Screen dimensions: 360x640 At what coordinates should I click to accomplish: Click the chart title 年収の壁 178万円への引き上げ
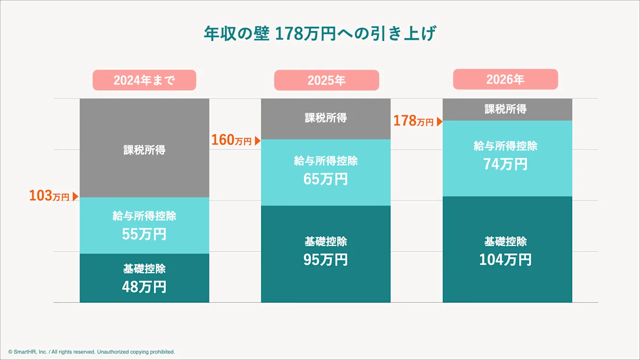click(x=320, y=34)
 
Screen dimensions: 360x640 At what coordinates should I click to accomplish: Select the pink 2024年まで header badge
click(x=144, y=80)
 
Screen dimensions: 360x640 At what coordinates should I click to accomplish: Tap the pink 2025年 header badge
click(x=326, y=80)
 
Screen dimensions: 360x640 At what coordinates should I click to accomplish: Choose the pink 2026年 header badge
click(x=505, y=79)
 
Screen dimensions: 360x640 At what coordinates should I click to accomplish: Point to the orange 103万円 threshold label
click(x=49, y=196)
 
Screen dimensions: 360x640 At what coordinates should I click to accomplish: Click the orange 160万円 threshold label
click(x=231, y=140)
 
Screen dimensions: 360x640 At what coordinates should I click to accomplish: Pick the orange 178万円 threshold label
click(x=413, y=121)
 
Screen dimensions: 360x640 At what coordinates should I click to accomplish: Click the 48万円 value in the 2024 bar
click(x=144, y=287)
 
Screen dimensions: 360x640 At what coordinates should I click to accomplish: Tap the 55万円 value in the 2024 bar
click(x=144, y=234)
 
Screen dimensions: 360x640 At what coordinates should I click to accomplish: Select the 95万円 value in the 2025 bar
click(x=326, y=259)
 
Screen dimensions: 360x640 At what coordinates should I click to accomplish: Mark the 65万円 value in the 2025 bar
click(x=326, y=179)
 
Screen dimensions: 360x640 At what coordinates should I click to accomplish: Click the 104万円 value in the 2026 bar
click(x=505, y=259)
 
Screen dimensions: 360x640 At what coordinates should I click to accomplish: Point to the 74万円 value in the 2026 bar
click(x=505, y=164)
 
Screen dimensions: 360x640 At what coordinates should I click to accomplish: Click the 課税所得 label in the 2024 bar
click(x=144, y=150)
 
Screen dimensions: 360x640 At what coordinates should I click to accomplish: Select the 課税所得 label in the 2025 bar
click(x=326, y=118)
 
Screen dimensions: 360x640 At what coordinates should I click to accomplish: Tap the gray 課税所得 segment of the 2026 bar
click(x=507, y=109)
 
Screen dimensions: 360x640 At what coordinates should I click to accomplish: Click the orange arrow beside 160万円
click(x=257, y=141)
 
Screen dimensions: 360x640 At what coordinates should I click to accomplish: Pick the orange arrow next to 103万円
click(x=75, y=197)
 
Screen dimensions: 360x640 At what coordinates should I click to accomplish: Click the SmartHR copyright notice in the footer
click(x=91, y=352)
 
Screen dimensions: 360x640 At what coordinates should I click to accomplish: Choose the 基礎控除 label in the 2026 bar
click(x=505, y=241)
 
